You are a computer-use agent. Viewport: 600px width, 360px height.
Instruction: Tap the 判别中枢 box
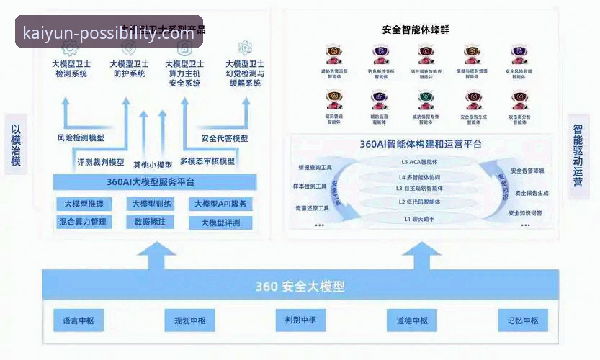[300, 320]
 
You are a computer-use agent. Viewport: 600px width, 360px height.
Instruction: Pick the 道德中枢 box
[412, 320]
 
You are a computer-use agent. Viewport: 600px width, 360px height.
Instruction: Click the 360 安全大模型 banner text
[300, 287]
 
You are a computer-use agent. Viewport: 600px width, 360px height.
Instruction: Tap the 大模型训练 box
[152, 204]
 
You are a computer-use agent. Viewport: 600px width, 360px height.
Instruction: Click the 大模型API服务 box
[221, 204]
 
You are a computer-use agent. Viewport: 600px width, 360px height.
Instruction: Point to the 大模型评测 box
[221, 222]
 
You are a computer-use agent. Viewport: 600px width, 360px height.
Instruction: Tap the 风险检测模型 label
[81, 138]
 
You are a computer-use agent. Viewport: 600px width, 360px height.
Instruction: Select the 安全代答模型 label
[225, 138]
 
